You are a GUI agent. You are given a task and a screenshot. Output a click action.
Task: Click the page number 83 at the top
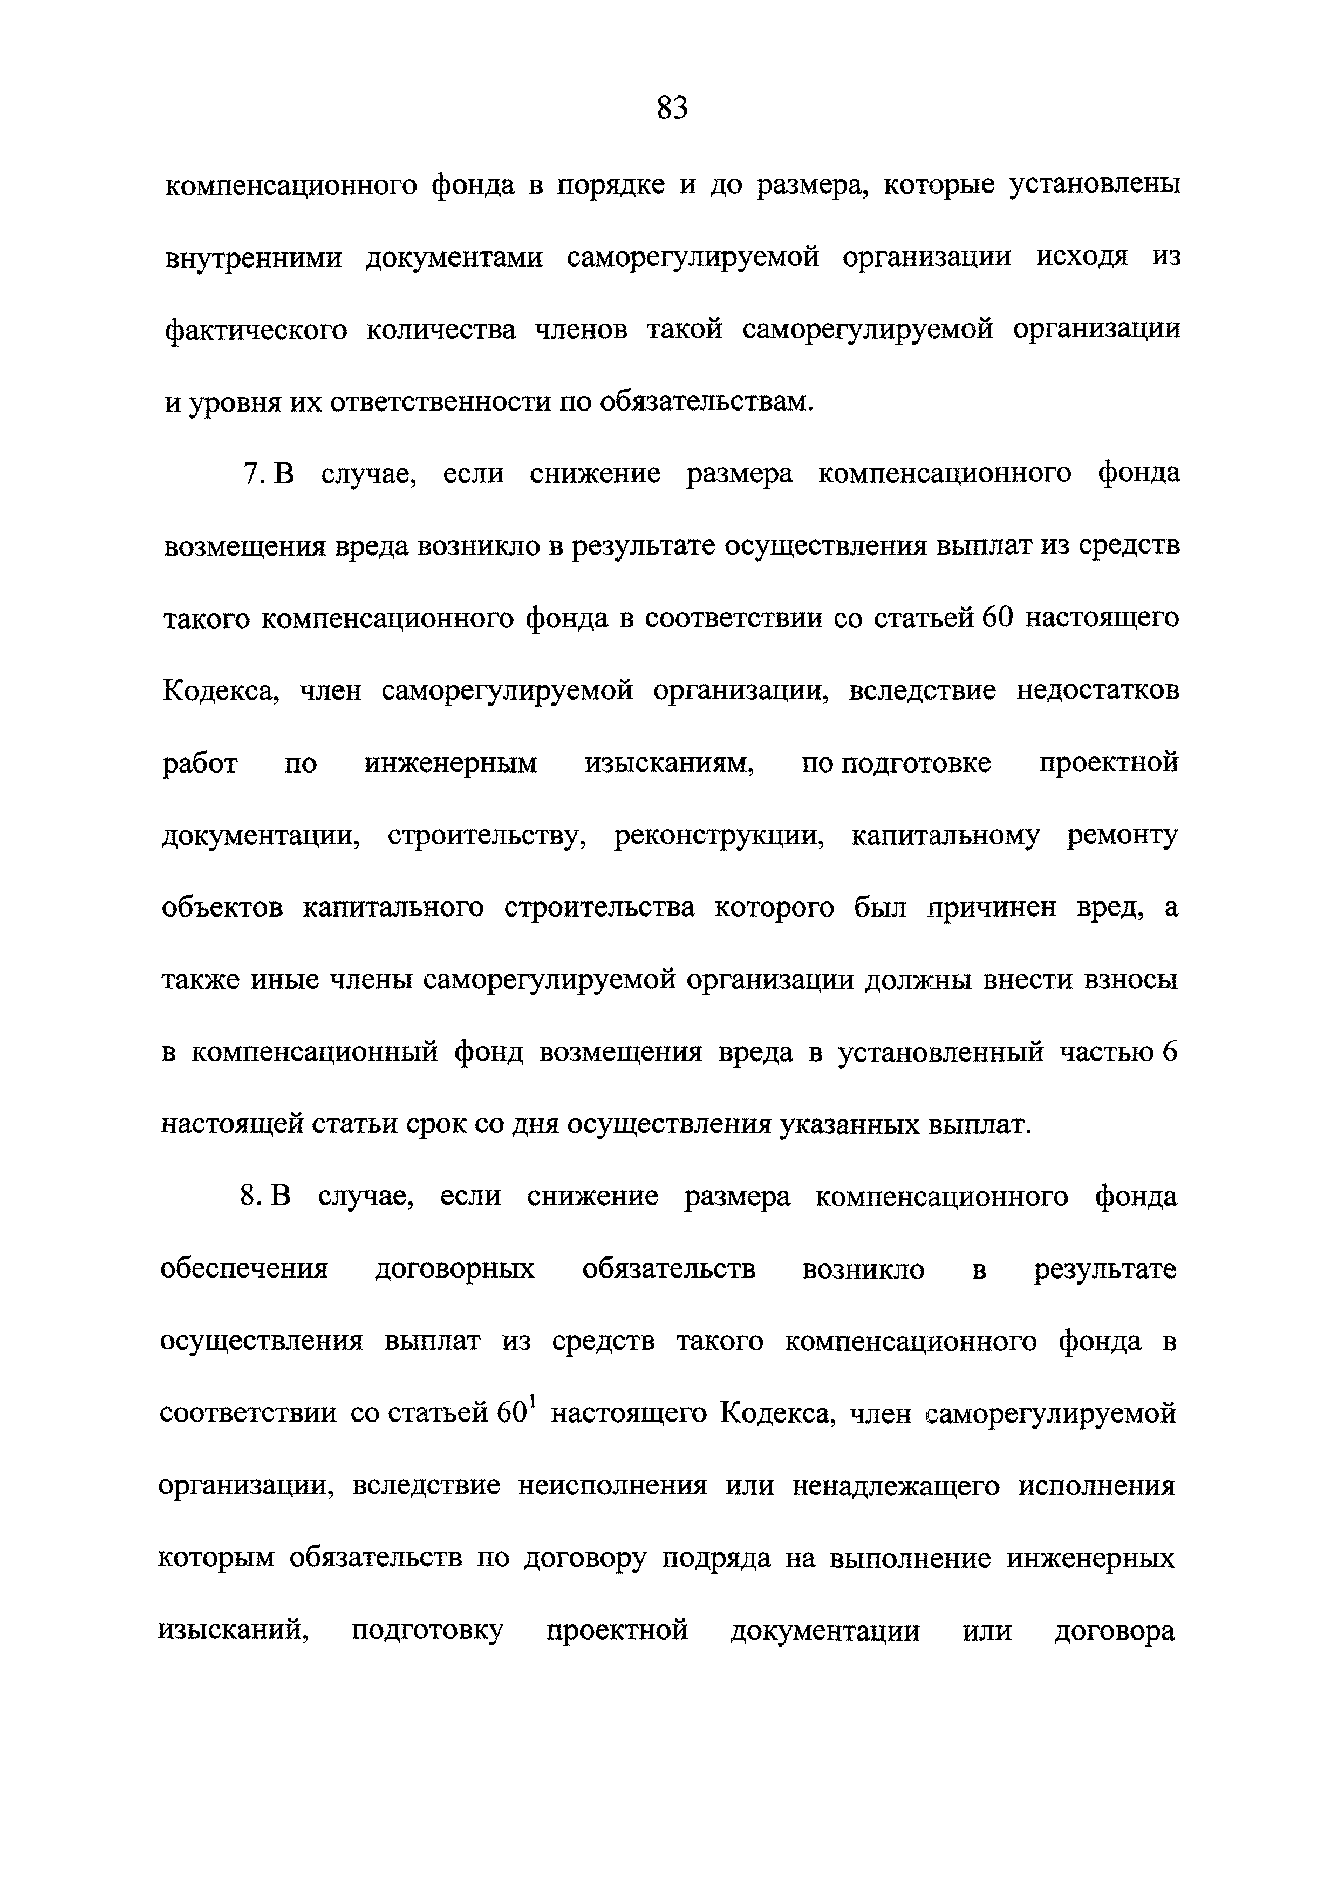click(x=672, y=108)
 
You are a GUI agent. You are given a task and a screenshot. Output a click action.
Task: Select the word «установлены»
click(x=1095, y=186)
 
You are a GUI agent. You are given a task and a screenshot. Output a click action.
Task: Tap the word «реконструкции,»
click(x=719, y=836)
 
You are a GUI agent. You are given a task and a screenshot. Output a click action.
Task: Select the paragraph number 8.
click(x=250, y=1197)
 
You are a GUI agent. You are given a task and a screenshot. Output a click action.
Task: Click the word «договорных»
click(x=455, y=1269)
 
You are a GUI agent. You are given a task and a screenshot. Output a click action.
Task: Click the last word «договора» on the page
click(x=1115, y=1631)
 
